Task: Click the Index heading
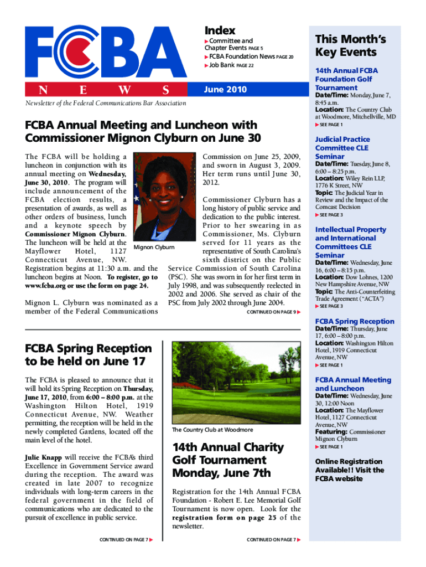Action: (x=220, y=30)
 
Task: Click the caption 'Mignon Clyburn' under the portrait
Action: (x=155, y=247)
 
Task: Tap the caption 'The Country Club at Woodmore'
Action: (x=212, y=430)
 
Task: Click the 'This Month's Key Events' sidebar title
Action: (x=350, y=46)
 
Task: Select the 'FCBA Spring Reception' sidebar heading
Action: (x=354, y=321)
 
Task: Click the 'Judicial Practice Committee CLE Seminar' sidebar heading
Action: (x=342, y=148)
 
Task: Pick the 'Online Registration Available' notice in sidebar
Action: (x=349, y=470)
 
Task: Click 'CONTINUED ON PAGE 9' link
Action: (x=274, y=312)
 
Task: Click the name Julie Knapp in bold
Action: (x=44, y=458)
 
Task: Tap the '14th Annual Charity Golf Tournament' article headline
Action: (x=228, y=460)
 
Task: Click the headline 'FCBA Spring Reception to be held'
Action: (x=88, y=355)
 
